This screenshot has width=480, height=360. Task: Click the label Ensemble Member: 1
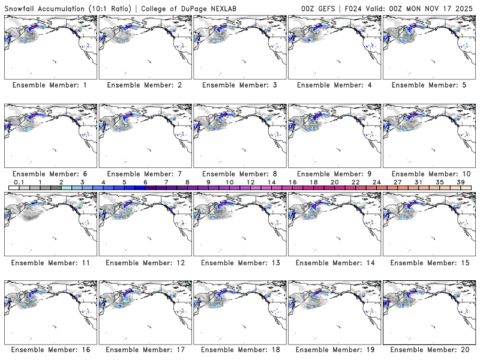click(x=50, y=85)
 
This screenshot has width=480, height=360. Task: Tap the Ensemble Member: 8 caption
click(x=239, y=173)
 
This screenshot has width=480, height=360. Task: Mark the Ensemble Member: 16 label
click(x=50, y=349)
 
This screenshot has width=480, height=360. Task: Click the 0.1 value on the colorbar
click(x=19, y=182)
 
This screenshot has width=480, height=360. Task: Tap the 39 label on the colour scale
click(x=460, y=182)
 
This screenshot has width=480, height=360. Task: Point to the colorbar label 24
click(x=376, y=182)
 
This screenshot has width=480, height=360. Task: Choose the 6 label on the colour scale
click(x=145, y=182)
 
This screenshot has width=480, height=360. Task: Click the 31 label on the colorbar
click(x=418, y=182)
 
